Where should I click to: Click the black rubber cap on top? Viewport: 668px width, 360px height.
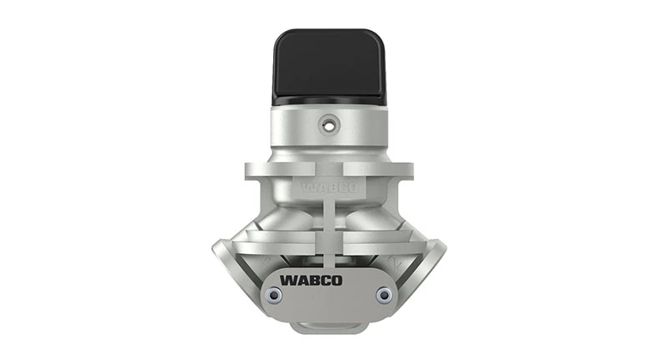(x=330, y=65)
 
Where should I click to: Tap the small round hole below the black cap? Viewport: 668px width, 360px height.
(x=330, y=124)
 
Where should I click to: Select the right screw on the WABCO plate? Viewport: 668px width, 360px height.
(x=384, y=294)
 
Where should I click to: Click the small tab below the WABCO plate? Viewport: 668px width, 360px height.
(x=330, y=324)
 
